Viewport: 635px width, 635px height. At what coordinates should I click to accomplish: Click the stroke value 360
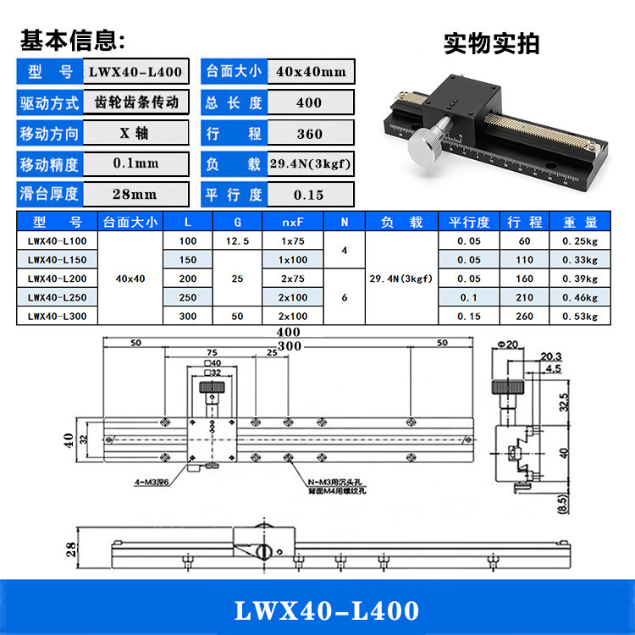point(310,134)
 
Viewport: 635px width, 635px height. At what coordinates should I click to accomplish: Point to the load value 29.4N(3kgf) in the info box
point(310,163)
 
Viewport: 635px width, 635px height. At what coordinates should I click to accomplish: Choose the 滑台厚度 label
point(49,194)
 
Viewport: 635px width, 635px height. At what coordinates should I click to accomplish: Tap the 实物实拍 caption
point(491,43)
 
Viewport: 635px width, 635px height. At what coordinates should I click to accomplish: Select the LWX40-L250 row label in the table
point(57,297)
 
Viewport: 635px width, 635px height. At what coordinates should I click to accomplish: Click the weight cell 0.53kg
point(580,317)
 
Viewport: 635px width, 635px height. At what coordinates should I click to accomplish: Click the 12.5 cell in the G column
point(238,241)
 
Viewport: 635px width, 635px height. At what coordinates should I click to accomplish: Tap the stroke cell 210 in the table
point(524,297)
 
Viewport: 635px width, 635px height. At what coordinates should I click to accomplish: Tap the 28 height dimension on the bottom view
point(72,549)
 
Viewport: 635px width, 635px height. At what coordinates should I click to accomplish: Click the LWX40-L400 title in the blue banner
point(317,610)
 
